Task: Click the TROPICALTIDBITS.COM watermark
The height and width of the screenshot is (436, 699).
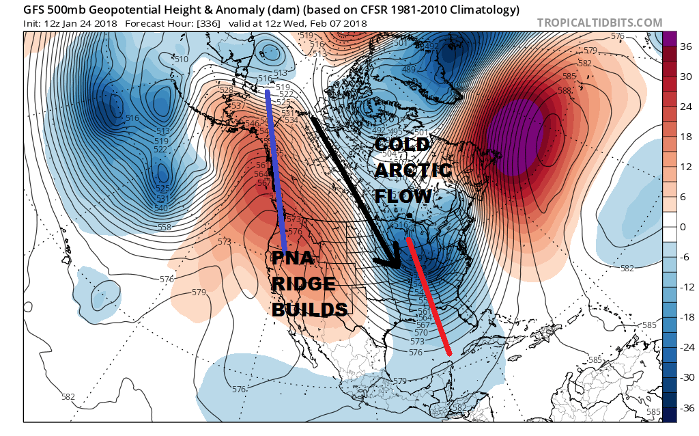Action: pos(599,23)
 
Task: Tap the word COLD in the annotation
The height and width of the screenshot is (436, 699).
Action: pos(402,144)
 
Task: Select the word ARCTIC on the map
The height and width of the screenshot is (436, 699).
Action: pos(413,170)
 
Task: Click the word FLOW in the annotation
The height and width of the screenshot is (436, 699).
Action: pos(403,196)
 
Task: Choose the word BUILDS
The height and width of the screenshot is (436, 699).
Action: pos(310,309)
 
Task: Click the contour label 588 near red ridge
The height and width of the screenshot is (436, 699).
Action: pos(564,90)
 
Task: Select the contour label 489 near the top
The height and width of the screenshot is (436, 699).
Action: pos(409,70)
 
